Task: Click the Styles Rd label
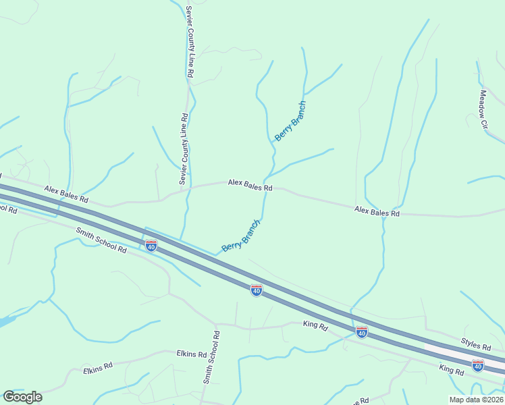click(475, 346)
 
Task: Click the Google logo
click(22, 396)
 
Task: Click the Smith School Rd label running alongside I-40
click(101, 240)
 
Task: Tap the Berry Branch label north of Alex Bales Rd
click(290, 122)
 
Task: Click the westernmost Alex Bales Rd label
click(66, 195)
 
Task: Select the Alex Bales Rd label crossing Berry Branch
click(250, 183)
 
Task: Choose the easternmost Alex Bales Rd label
click(377, 212)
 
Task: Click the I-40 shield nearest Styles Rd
click(478, 365)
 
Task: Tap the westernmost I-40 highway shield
click(151, 246)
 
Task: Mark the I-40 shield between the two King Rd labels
click(362, 332)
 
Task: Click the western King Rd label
click(315, 325)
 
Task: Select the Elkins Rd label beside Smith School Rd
click(191, 353)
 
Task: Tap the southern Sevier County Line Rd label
click(183, 149)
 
